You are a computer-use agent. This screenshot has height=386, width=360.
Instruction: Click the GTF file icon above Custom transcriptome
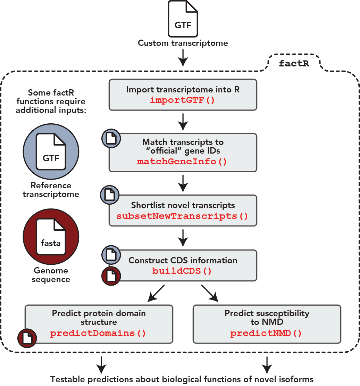click(x=183, y=19)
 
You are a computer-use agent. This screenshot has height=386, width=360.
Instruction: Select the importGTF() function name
click(x=183, y=100)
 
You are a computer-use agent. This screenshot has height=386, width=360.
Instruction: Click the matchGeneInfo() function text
click(x=183, y=162)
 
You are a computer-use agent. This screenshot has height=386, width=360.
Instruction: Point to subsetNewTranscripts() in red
click(x=183, y=216)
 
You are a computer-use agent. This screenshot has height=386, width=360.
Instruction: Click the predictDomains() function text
click(x=98, y=333)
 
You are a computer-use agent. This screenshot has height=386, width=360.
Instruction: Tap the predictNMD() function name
click(x=266, y=333)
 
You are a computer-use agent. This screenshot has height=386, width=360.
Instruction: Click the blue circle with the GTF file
click(x=51, y=151)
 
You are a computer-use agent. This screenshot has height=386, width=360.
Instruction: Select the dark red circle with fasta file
click(x=51, y=236)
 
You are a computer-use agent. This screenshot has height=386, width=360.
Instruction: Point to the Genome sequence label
click(x=51, y=275)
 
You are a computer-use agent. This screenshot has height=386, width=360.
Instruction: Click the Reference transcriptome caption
click(x=51, y=190)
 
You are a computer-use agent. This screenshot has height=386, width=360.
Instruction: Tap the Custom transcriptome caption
click(x=183, y=43)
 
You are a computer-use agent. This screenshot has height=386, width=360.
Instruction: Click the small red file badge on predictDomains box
click(x=27, y=338)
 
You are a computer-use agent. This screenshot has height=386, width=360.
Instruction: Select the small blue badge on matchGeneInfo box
click(x=111, y=138)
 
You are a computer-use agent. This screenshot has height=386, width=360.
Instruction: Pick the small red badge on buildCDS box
click(x=111, y=277)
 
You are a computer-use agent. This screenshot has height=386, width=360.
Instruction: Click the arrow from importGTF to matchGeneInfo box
click(x=183, y=122)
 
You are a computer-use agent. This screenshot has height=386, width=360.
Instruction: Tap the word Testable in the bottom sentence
click(x=66, y=379)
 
